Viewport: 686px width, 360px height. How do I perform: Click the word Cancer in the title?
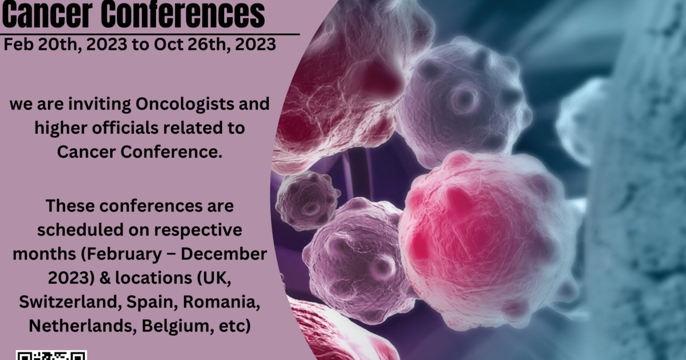47,14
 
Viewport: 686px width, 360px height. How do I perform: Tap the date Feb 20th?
42,45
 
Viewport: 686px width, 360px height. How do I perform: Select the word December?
224,254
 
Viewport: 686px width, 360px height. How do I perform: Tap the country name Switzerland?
68,302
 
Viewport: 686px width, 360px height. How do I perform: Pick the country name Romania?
221,302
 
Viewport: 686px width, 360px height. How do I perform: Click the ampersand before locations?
105,278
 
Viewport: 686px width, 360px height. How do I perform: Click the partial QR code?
51,355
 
